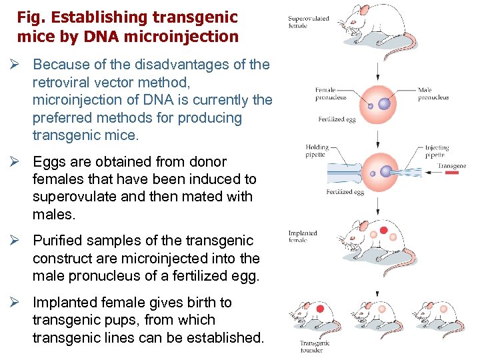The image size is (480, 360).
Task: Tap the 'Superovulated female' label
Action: [x=309, y=22]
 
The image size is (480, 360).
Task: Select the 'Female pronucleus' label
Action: [x=331, y=93]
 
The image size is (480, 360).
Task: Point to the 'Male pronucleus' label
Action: [x=433, y=93]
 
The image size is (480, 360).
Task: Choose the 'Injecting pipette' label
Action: [x=437, y=151]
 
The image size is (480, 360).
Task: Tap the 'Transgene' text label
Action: [x=451, y=165]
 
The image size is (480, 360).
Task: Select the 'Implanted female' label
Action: [x=303, y=236]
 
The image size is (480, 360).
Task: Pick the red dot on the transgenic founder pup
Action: [x=320, y=309]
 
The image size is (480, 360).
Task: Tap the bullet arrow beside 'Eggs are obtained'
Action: [x=20, y=162]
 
